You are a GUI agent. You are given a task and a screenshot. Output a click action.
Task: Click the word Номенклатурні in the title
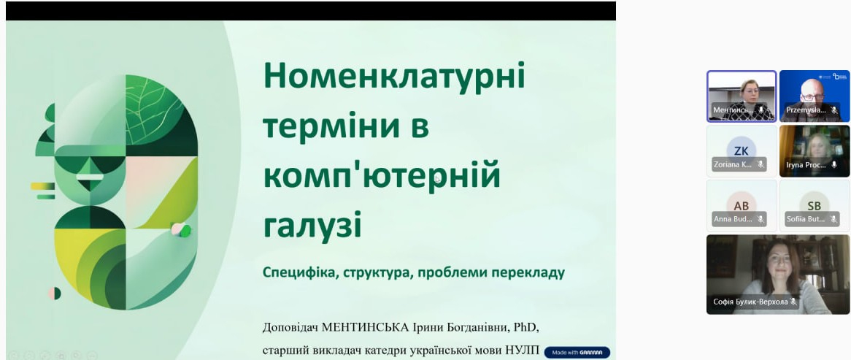pos(394,76)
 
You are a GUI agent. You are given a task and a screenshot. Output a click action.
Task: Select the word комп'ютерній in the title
pos(382,176)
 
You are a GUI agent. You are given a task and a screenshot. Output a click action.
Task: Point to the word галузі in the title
pos(312,226)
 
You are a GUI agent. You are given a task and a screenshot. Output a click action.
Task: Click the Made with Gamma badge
pos(577,352)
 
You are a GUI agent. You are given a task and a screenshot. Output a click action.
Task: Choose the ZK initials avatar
pos(742,150)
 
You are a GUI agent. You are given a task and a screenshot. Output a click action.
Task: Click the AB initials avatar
pos(742,205)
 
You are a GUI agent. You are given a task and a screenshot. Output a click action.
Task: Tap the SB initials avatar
pos(815,205)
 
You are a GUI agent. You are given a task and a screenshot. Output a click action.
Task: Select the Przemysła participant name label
pos(806,110)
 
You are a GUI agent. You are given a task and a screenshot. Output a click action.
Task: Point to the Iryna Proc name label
pos(806,165)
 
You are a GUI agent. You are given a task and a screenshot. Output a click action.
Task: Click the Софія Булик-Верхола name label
pos(750,302)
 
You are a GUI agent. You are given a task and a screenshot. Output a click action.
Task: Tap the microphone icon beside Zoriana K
pos(760,165)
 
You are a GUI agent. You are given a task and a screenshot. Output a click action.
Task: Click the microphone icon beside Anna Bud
pos(760,219)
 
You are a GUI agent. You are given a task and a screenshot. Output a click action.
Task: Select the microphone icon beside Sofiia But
pos(833,219)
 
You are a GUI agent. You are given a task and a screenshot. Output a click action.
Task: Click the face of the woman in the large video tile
pos(775,258)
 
